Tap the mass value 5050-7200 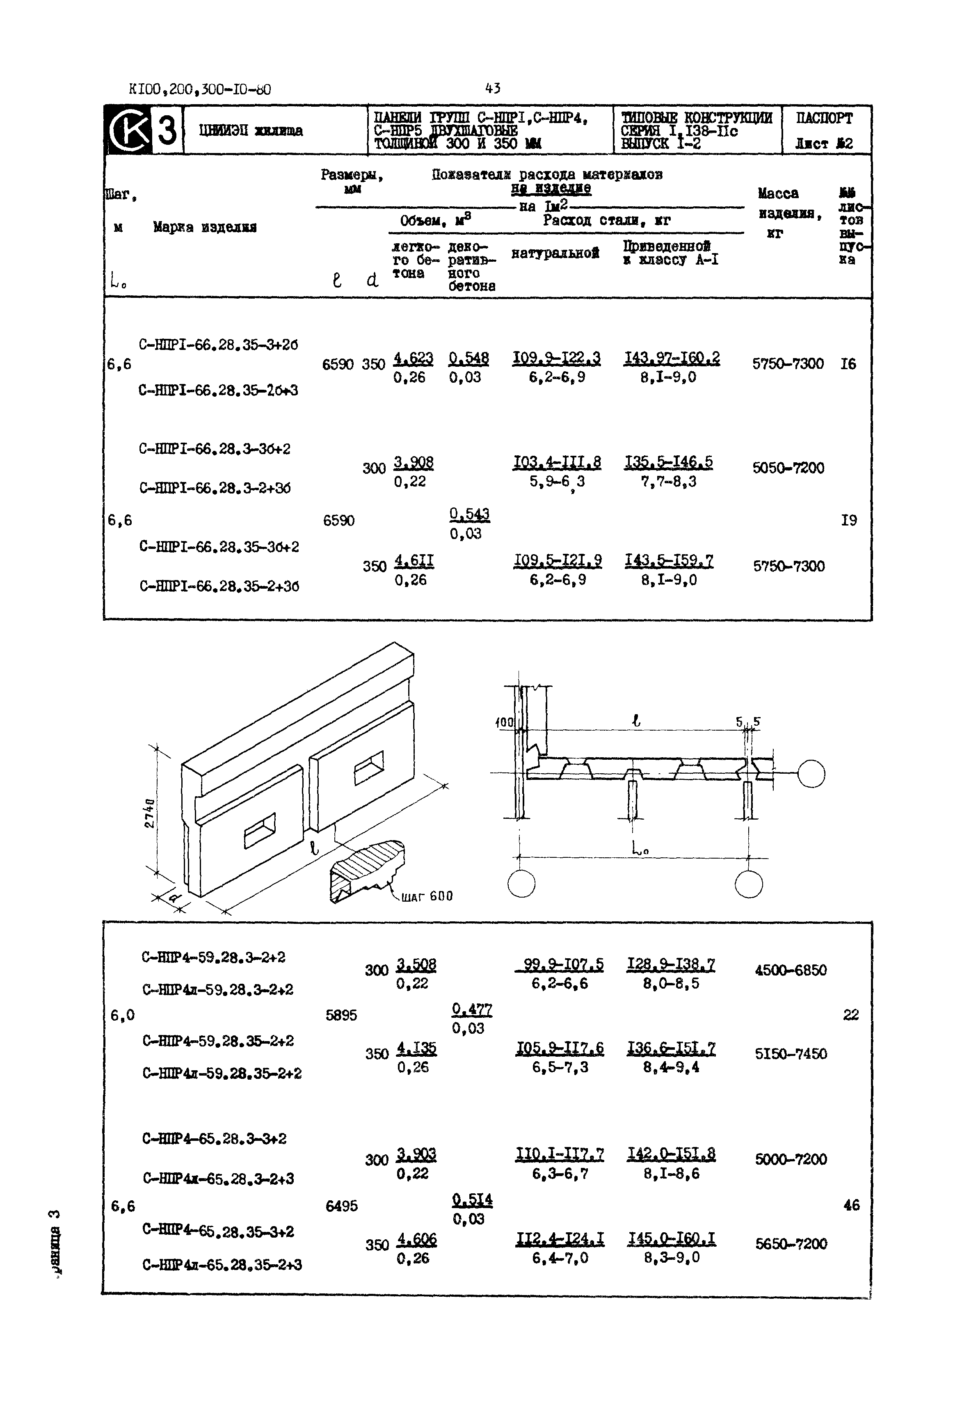point(788,468)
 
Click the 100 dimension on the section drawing point(504,722)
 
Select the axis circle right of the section point(811,774)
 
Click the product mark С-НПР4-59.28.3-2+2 point(213,957)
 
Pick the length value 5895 point(341,1015)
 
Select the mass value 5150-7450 point(791,1054)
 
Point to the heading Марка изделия point(205,228)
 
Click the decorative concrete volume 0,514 point(472,1200)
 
